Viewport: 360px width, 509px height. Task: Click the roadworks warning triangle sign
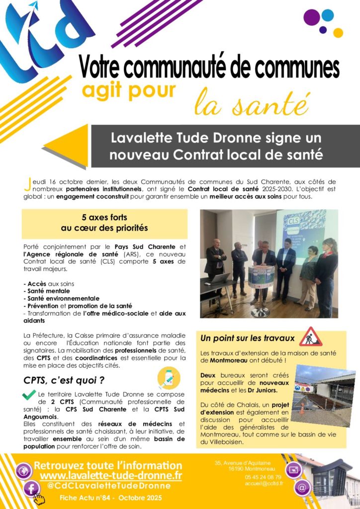pyautogui.click(x=310, y=337)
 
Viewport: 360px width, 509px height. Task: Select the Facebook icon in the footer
pyautogui.click(x=31, y=489)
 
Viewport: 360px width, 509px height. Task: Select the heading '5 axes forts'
pyautogui.click(x=104, y=217)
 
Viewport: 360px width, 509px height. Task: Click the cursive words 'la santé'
pyautogui.click(x=251, y=103)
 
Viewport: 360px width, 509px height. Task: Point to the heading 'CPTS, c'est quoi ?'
pyautogui.click(x=64, y=380)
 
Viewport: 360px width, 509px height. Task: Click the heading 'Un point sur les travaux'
pyautogui.click(x=247, y=339)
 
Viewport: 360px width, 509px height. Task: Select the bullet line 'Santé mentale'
pyautogui.click(x=46, y=291)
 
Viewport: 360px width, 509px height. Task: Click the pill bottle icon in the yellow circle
pyautogui.click(x=169, y=378)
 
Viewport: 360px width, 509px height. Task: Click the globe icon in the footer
pyautogui.click(x=23, y=470)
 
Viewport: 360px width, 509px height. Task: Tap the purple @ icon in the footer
pyautogui.click(x=302, y=487)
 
